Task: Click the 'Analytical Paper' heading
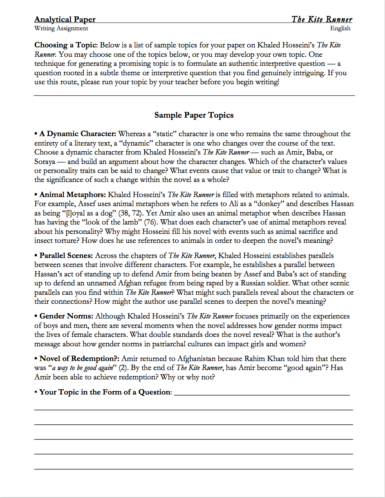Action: coord(65,19)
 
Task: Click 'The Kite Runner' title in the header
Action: coord(322,19)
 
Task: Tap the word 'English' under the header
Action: coord(340,28)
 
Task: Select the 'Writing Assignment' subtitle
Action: coord(61,28)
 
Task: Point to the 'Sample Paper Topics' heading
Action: coord(194,115)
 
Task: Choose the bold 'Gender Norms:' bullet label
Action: coord(66,316)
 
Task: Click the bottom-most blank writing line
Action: coord(194,469)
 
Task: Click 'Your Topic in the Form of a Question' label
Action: coord(104,392)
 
